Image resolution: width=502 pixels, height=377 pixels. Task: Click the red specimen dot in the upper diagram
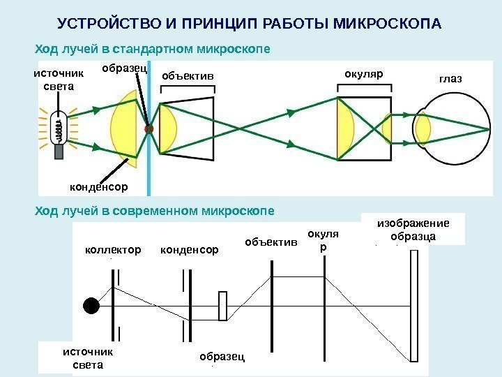pos(148,129)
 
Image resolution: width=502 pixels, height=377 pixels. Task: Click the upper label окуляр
pos(364,73)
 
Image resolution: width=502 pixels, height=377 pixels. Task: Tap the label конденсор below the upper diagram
pos(100,187)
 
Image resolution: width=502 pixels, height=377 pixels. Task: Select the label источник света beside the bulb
pos(59,80)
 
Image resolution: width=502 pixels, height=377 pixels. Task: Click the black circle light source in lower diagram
pos(91,306)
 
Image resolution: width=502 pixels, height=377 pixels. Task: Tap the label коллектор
pos(112,249)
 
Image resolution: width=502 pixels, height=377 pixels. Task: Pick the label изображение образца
pos(413,230)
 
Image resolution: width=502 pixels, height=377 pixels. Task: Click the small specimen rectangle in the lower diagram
pos(222,306)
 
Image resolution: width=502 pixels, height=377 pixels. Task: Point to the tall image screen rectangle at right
pos(416,305)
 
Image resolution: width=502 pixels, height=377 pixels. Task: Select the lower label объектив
pos(271,242)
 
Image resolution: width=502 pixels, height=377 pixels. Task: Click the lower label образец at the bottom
pos(222,356)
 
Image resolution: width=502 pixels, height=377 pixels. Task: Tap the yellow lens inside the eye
pos(423,129)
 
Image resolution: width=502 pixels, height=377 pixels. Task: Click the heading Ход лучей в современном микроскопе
pos(154,209)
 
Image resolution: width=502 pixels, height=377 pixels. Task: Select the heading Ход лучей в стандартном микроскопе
pos(152,50)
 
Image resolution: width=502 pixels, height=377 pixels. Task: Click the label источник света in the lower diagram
pos(88,358)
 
